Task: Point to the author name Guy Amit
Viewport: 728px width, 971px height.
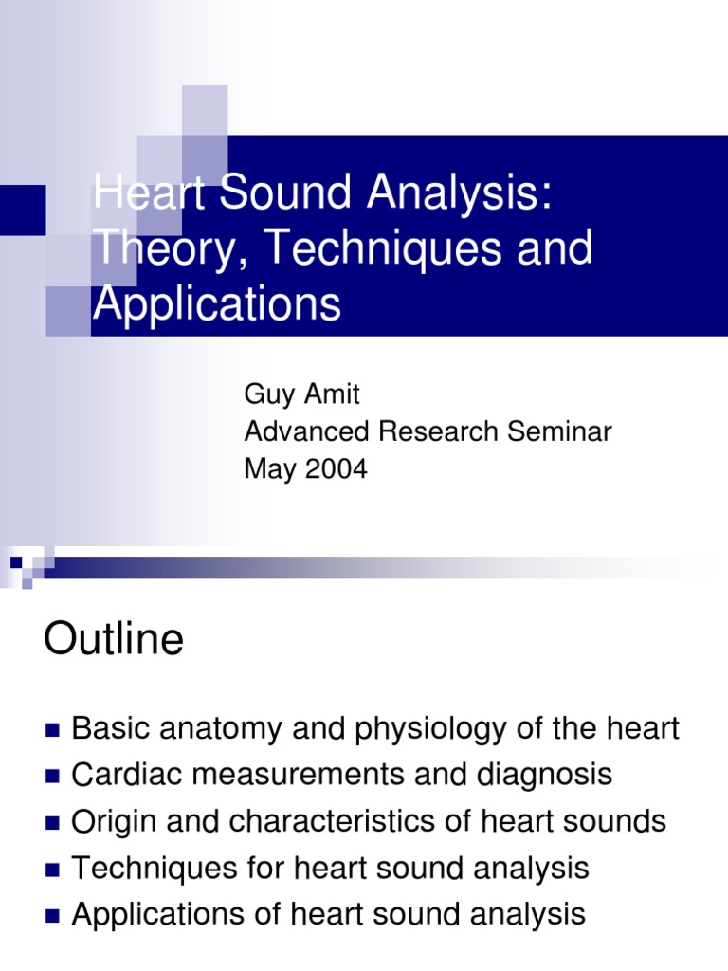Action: [x=302, y=395]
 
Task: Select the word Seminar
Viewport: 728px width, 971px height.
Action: [x=559, y=432]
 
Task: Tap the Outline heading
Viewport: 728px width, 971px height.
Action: [x=114, y=640]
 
